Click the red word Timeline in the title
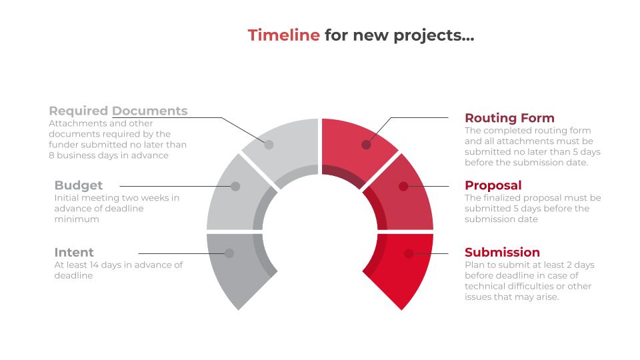click(283, 35)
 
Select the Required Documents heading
click(118, 111)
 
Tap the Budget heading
click(78, 185)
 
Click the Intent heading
click(74, 252)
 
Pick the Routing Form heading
click(509, 118)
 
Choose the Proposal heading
click(493, 185)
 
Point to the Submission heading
click(502, 252)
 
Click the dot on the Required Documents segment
click(269, 144)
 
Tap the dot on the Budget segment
click(235, 187)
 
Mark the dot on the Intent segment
click(229, 253)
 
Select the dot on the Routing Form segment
click(366, 144)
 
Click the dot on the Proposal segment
click(403, 187)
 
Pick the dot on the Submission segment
click(409, 253)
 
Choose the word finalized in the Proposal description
click(505, 197)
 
